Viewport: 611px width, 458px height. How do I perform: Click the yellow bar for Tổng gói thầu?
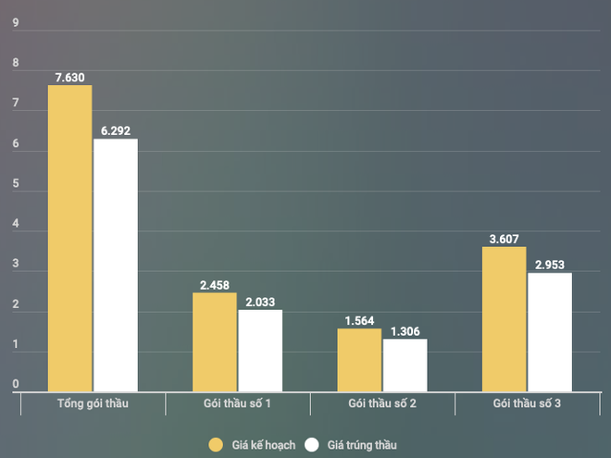[70, 239]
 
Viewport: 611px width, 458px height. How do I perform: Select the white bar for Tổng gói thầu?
[116, 266]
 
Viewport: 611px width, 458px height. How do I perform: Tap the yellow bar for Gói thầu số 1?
[215, 342]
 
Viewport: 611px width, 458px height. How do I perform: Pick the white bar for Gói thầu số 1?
[260, 351]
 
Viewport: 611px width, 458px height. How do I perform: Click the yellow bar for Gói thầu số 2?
[359, 360]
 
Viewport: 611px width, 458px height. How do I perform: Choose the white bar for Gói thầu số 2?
[405, 365]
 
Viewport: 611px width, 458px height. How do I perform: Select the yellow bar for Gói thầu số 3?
[505, 319]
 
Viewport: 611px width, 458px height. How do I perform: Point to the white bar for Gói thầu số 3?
[550, 332]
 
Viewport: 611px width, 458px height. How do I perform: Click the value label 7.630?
[70, 78]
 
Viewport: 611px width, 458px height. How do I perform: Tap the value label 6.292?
[116, 131]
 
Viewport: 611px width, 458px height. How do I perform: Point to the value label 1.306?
[405, 331]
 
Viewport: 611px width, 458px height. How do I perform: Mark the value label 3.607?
[505, 239]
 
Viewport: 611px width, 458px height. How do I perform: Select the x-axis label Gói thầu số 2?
[381, 404]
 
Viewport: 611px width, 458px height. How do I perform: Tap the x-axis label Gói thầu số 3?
[527, 404]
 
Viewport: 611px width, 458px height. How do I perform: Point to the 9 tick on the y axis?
[15, 23]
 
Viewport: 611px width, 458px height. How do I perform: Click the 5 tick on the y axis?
[15, 183]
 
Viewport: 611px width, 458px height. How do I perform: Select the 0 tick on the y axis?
[15, 384]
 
